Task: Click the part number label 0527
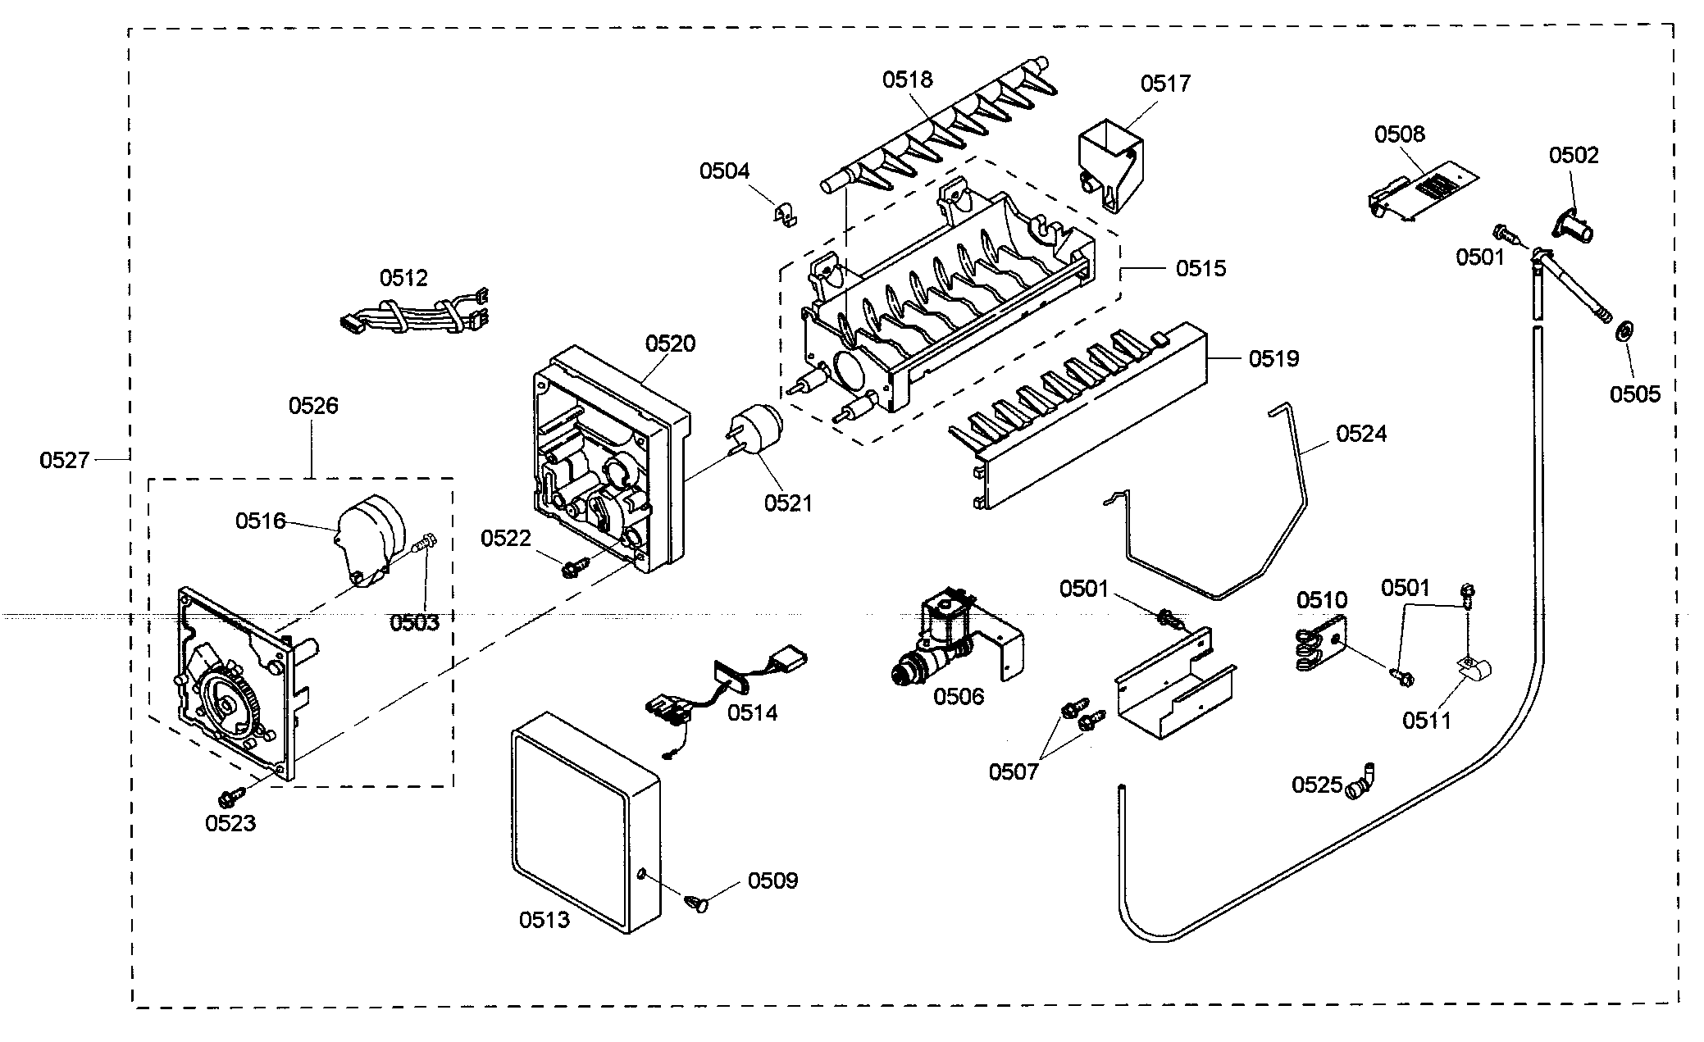pos(64,461)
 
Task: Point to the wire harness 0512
pos(413,314)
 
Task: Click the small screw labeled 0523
pos(230,795)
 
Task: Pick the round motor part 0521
pos(756,434)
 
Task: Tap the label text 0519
pos(1273,358)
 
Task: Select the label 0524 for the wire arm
pos(1361,434)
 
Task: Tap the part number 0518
pos(908,80)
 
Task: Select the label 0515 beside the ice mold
pos(1201,268)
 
